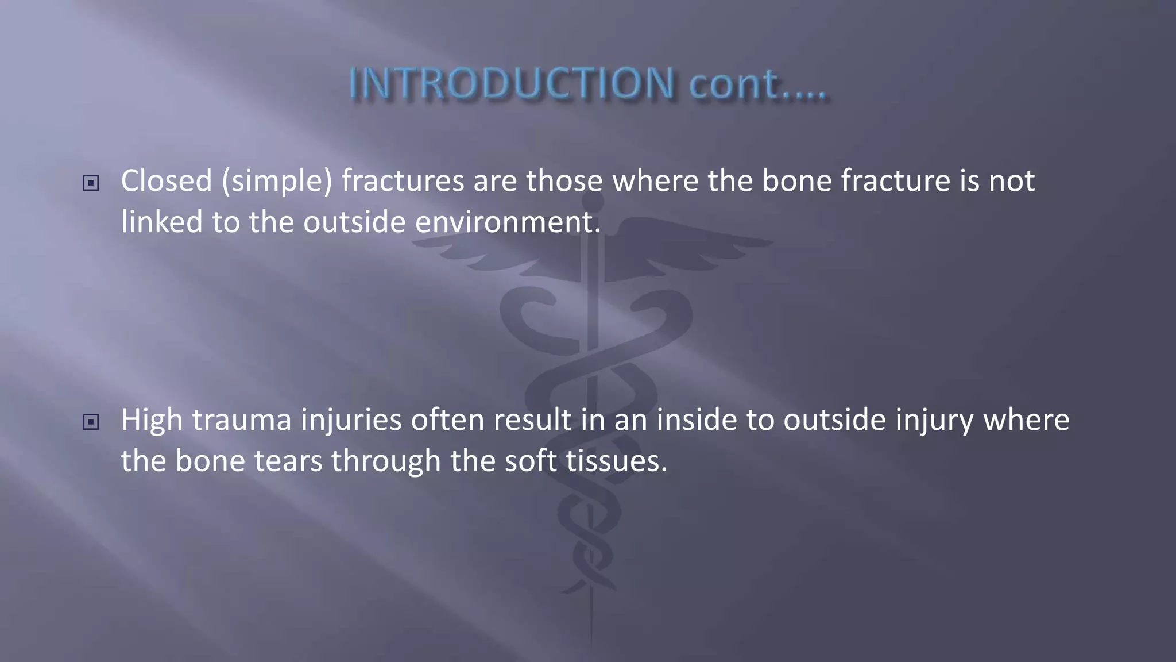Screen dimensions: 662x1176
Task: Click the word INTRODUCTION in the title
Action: coord(511,84)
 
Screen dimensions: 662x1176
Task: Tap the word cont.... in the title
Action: coord(757,84)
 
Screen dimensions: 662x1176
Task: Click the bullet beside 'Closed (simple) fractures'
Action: coord(91,183)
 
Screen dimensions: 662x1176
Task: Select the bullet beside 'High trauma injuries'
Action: coord(91,422)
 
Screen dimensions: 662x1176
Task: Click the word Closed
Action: coord(167,181)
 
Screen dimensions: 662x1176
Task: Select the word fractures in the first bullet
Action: coord(403,181)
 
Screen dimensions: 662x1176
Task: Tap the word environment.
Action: coord(508,222)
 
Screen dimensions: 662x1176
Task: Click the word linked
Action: coord(162,222)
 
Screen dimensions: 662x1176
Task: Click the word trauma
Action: coord(242,420)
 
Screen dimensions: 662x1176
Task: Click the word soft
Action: coord(531,461)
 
